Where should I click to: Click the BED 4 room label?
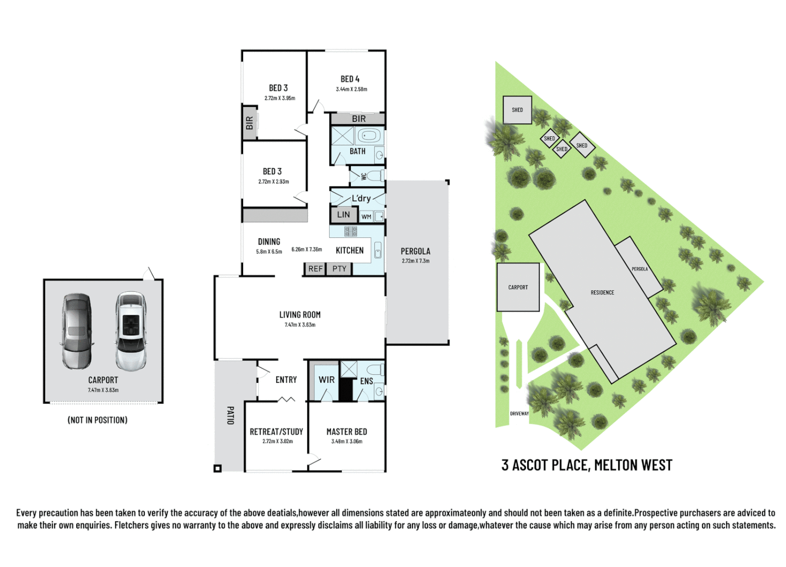350,79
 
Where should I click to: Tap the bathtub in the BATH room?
370,136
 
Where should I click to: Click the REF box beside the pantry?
316,269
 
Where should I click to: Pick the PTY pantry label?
339,269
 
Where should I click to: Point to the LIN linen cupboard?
343,215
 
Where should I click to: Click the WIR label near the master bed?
326,380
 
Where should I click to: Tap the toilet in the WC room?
374,175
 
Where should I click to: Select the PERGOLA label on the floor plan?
415,251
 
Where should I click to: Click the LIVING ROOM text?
300,315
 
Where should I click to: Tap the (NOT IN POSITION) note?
98,420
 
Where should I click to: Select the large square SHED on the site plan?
517,110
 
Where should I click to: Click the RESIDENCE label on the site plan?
602,292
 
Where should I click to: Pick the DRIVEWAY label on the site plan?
519,414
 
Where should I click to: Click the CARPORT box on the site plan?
518,287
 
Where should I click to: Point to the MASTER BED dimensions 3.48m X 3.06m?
347,442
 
